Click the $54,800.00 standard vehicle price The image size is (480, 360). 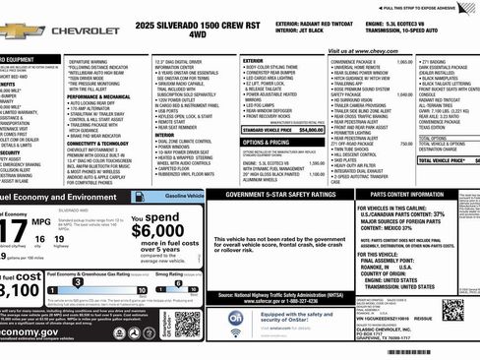tap(311, 129)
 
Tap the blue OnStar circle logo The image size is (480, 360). tap(236, 319)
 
